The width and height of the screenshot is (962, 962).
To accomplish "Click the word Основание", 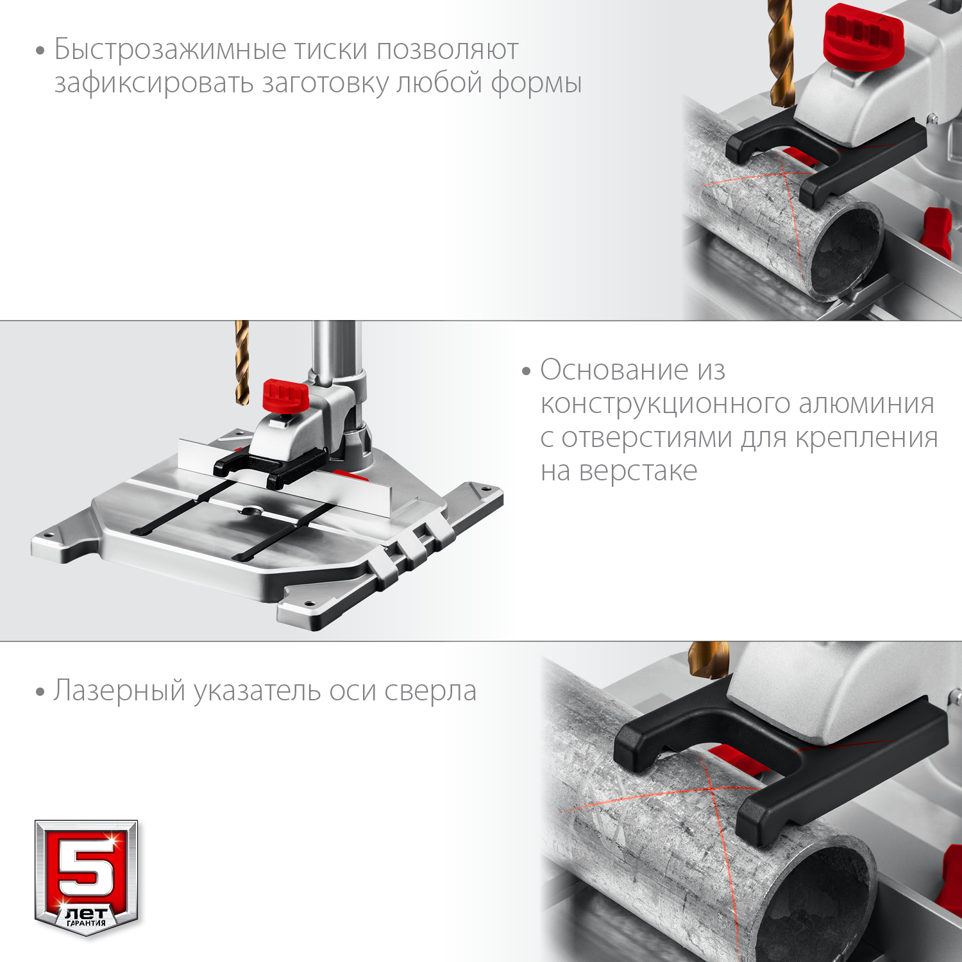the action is coord(614,370).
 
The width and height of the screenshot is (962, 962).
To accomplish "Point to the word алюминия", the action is coord(866,404).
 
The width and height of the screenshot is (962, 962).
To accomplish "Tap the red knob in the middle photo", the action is coord(286,396).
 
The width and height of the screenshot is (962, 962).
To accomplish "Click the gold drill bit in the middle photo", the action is coord(242,362).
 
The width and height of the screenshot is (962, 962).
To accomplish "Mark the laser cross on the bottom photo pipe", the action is coord(711,786).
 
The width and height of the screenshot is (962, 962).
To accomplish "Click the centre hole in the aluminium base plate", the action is coord(251,511).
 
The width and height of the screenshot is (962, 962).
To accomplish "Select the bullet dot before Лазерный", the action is coord(40,693).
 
